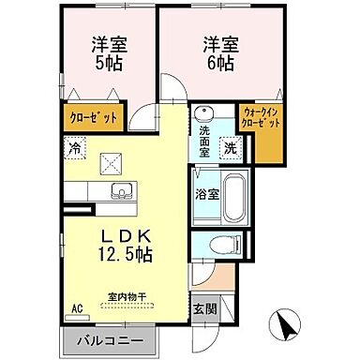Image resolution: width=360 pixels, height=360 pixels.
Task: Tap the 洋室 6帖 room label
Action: [214, 54]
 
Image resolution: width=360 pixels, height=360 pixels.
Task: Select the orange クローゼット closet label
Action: [92, 119]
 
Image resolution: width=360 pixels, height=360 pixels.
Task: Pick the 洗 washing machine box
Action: [229, 147]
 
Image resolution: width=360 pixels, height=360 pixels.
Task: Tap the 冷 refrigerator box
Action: [73, 146]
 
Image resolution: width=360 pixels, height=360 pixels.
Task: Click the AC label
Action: [77, 307]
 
